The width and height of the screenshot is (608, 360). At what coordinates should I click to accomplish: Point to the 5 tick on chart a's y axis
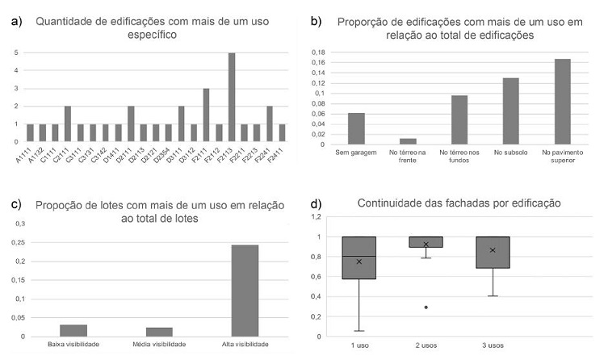(x=15, y=53)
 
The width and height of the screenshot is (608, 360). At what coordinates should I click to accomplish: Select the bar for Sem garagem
(x=356, y=128)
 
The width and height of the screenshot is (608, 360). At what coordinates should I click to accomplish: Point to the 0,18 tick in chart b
(x=319, y=52)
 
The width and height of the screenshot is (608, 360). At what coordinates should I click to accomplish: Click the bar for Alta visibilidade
(x=245, y=290)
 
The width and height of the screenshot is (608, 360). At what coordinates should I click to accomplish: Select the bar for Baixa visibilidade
(x=73, y=330)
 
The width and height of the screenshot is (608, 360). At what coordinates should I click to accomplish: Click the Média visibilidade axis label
(x=158, y=344)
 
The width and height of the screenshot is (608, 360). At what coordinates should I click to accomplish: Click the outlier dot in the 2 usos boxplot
(x=426, y=307)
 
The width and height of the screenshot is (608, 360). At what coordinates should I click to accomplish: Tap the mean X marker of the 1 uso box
(x=359, y=262)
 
